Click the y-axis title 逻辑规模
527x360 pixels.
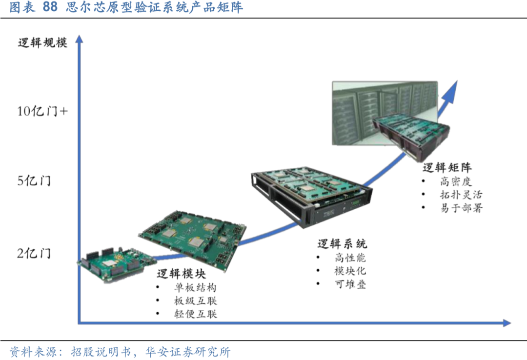[x=42, y=42]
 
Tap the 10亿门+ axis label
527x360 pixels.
[x=42, y=111]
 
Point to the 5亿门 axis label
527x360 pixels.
[x=34, y=181]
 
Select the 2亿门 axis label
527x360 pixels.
[x=34, y=254]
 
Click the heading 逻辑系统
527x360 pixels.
[x=342, y=243]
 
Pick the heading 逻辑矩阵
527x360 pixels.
[x=447, y=168]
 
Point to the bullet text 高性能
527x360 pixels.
[x=350, y=258]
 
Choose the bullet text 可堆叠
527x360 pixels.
[x=350, y=284]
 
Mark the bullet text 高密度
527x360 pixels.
[x=456, y=181]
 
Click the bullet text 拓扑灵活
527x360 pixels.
[x=461, y=195]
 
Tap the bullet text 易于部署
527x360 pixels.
[x=461, y=208]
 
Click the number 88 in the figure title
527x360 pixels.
[x=50, y=7]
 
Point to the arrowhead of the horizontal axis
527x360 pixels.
[x=506, y=323]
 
